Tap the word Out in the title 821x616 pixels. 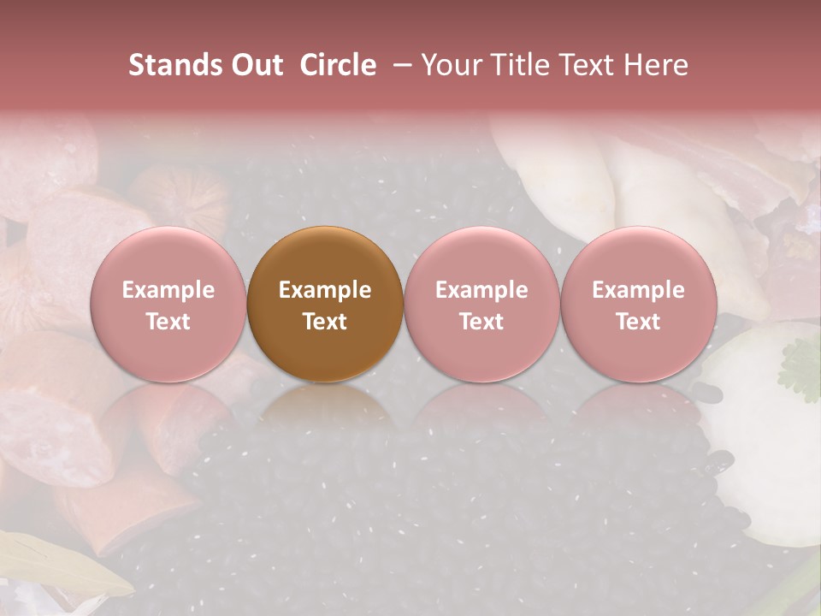(x=255, y=65)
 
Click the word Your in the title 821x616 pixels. (x=451, y=65)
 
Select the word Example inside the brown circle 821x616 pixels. (x=325, y=290)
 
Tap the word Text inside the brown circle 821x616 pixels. (x=325, y=322)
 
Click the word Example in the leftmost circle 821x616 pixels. (x=168, y=290)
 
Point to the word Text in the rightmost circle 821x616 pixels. (x=638, y=322)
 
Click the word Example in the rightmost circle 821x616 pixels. (x=638, y=290)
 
